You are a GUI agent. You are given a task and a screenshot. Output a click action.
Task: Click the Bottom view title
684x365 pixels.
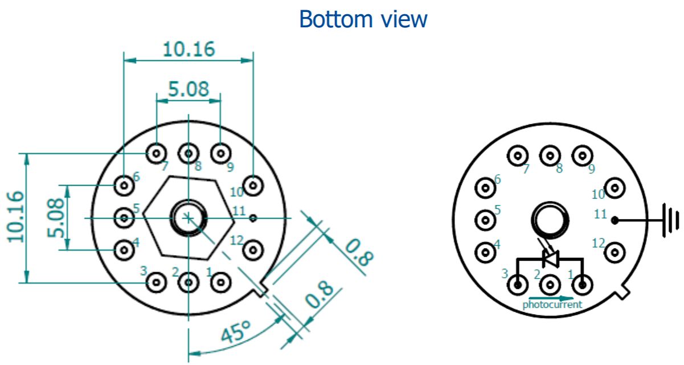point(363,19)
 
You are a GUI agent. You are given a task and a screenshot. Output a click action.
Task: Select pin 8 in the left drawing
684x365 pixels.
point(188,153)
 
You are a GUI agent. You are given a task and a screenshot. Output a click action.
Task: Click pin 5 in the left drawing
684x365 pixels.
point(124,217)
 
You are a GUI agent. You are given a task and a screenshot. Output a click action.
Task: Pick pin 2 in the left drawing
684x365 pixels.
point(188,281)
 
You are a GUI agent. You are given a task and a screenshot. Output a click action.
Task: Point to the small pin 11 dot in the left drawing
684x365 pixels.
point(254,217)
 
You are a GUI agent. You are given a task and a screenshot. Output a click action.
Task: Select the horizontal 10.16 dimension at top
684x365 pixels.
point(189,50)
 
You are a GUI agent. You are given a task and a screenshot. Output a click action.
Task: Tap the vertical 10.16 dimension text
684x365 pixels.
point(15,217)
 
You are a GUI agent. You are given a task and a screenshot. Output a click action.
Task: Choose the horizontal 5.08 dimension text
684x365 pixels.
point(189,89)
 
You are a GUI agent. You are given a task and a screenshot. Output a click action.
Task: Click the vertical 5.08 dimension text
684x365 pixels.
point(55,217)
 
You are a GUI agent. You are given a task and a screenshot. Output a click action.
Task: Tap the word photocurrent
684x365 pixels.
point(552,305)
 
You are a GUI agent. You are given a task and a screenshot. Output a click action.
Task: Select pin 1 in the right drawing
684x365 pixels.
point(581,284)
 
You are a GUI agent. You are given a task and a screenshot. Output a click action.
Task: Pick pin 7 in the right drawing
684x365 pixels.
point(518,155)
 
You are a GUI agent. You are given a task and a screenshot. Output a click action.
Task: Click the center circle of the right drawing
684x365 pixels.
point(550,219)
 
